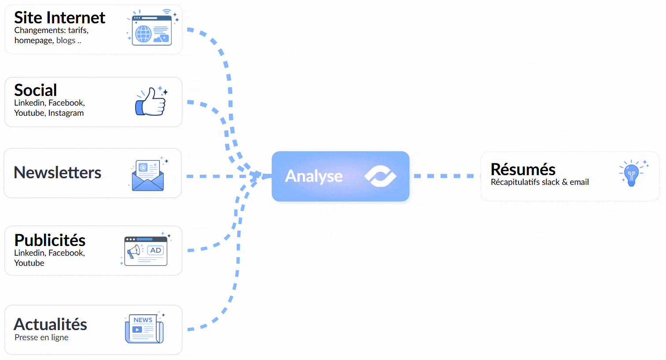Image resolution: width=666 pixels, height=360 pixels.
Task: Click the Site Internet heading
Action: (x=59, y=18)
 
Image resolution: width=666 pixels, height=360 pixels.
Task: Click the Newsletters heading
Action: (x=57, y=173)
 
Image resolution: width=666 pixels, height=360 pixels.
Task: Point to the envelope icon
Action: (x=148, y=176)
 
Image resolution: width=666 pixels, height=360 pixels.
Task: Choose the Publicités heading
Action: (x=50, y=240)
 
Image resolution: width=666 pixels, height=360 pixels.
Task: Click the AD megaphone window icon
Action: (x=146, y=251)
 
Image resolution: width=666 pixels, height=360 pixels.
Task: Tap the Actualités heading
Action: (x=50, y=324)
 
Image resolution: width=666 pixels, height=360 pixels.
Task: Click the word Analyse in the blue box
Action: (x=313, y=176)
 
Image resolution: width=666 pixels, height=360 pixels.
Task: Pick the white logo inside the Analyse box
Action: (x=380, y=176)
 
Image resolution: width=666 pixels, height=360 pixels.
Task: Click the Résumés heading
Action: (x=523, y=169)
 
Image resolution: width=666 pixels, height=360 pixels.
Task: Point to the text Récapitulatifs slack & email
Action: (x=540, y=182)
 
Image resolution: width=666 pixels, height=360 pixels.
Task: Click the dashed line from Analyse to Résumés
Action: (x=445, y=176)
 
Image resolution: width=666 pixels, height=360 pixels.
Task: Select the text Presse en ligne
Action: (x=41, y=338)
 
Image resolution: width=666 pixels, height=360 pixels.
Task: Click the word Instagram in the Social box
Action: (x=66, y=113)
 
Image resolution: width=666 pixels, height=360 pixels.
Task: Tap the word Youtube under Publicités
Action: (x=29, y=263)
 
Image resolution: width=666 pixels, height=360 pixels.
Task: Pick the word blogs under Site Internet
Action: (x=66, y=40)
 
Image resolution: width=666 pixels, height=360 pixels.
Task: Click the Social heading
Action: (x=35, y=90)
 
